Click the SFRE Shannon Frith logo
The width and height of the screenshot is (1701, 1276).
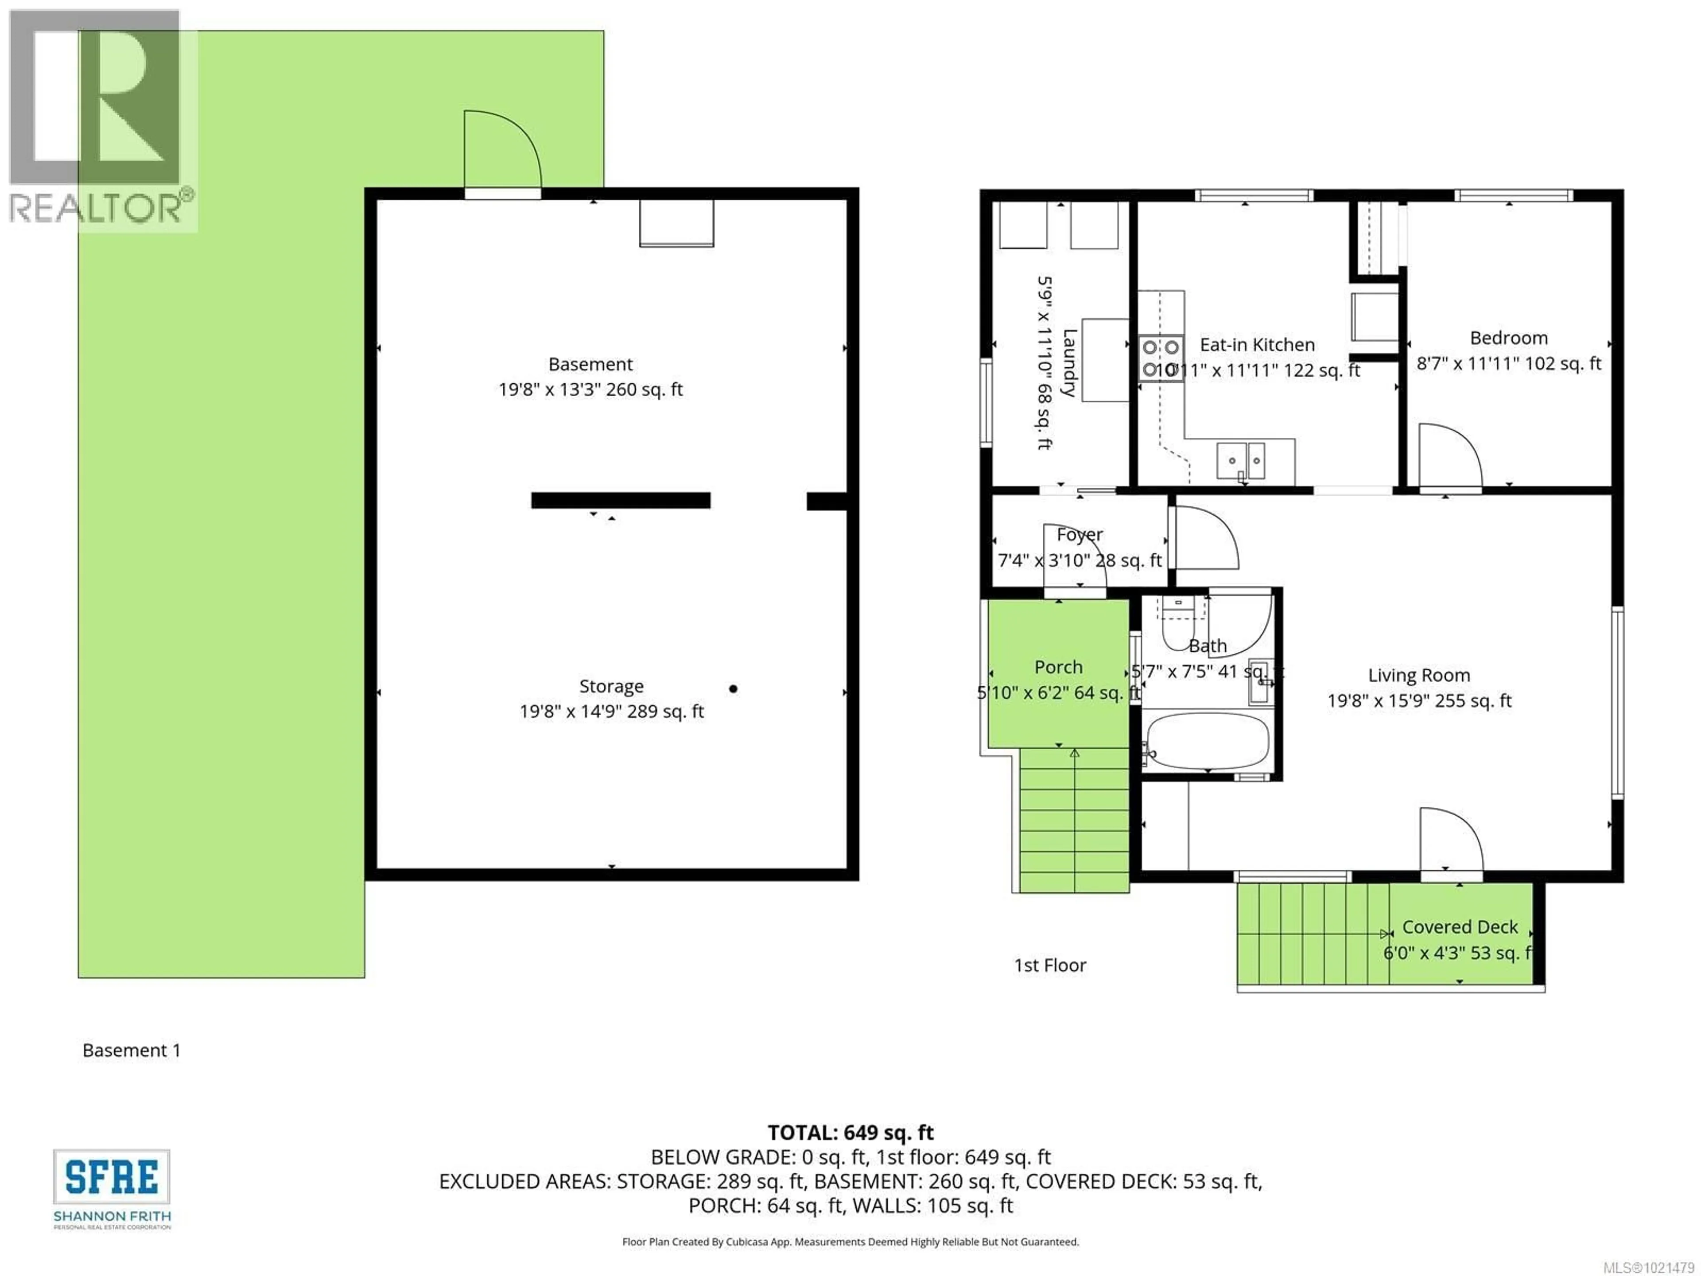pos(112,1188)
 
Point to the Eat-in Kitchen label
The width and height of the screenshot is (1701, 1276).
pos(1257,345)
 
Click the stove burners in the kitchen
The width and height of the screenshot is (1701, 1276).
pos(1161,358)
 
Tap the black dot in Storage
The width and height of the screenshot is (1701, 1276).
pos(733,689)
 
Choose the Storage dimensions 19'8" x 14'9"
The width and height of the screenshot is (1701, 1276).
pos(611,712)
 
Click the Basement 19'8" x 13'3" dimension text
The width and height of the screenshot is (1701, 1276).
pos(590,389)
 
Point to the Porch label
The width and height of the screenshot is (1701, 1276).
pos(1058,667)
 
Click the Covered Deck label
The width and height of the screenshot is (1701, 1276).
pos(1460,927)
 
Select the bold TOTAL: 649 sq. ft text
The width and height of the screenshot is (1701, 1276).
pos(850,1132)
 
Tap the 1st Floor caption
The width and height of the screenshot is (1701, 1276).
pos(1050,965)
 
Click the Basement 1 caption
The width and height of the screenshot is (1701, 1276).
pos(132,1050)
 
